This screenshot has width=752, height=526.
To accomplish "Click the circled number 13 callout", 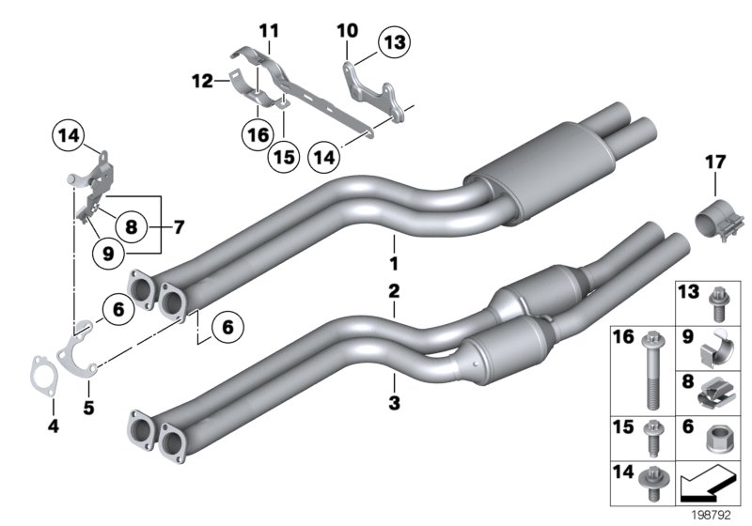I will [x=395, y=42].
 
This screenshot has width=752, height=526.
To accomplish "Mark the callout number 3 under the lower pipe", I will [x=395, y=405].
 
